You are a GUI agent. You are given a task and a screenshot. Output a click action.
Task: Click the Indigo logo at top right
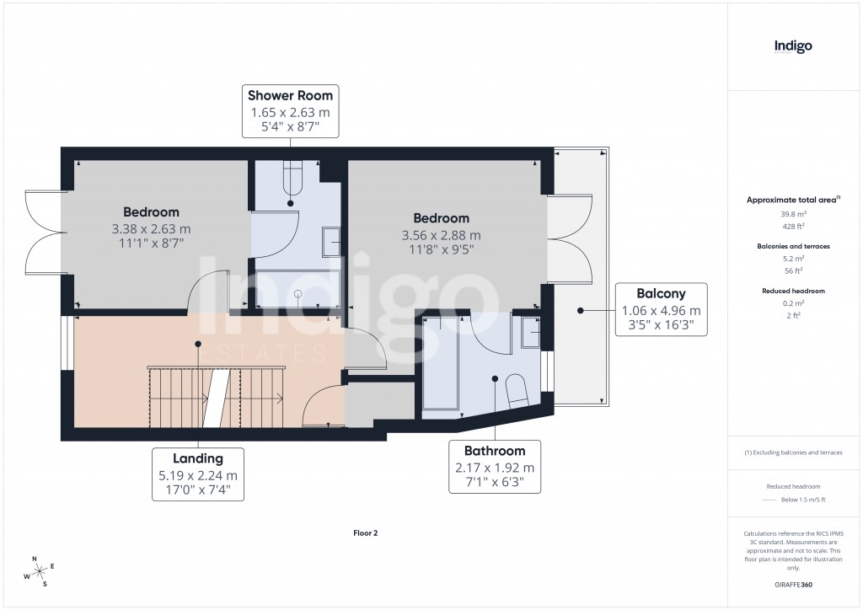click(793, 46)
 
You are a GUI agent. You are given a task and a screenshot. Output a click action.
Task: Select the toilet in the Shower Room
click(292, 178)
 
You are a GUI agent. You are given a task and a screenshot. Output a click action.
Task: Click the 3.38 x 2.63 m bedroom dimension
click(152, 228)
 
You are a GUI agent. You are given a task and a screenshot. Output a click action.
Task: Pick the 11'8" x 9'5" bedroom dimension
click(442, 249)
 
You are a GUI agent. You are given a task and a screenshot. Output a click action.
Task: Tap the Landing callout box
click(198, 474)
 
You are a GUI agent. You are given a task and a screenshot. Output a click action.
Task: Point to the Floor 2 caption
click(365, 532)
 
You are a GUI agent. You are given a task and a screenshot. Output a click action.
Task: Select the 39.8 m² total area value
click(793, 214)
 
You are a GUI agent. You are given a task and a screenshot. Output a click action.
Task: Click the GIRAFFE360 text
click(793, 584)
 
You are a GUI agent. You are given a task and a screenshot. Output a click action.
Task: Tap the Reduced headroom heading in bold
click(793, 291)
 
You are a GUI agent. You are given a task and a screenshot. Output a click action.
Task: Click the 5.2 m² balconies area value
click(793, 259)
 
